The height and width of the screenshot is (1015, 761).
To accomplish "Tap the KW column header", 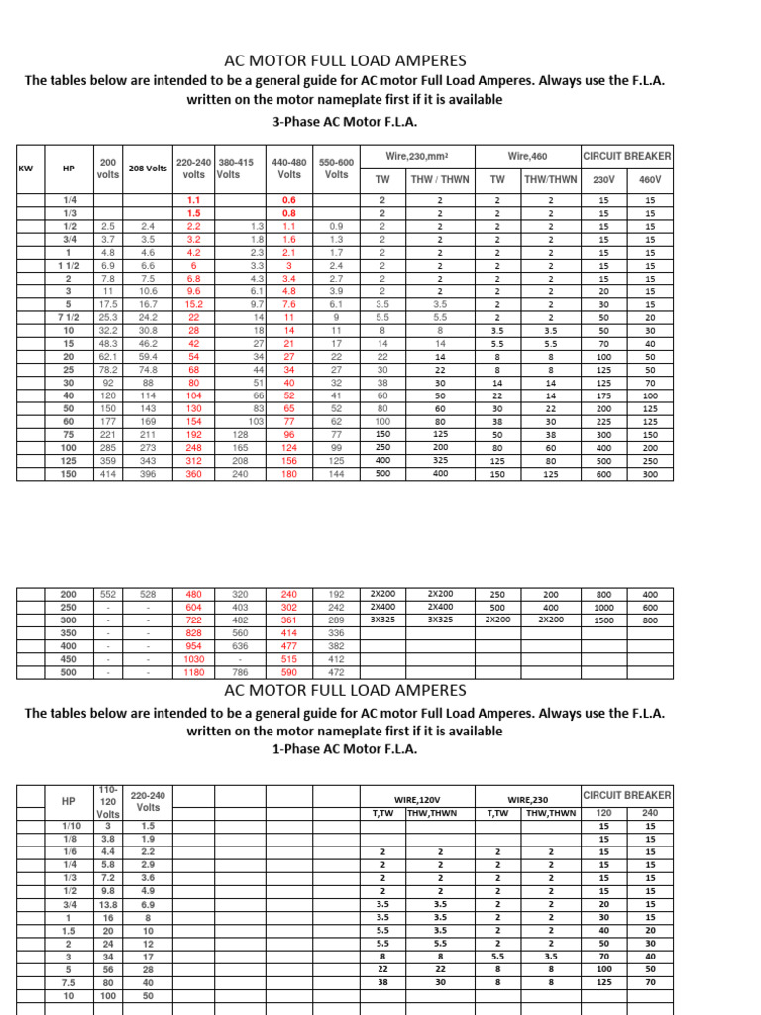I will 26,169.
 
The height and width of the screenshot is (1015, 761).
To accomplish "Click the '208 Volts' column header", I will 148,169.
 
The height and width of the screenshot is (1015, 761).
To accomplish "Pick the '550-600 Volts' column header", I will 336,168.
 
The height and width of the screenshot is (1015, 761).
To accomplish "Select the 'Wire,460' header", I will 527,156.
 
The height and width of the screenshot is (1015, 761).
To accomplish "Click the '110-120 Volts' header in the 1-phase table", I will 108,801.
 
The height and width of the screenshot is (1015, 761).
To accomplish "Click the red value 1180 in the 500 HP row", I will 194,671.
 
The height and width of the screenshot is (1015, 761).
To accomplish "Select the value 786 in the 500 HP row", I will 241,671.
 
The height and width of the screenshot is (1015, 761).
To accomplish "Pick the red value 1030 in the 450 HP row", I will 194,658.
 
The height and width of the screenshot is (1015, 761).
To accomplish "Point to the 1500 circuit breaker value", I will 603,620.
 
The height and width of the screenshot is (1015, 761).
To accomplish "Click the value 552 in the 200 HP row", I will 108,594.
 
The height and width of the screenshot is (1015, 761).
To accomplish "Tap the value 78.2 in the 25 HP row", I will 108,368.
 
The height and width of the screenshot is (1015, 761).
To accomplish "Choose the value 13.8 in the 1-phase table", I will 108,905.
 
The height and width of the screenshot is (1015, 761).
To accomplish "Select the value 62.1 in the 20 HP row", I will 108,355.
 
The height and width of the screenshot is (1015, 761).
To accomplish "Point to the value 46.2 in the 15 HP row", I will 148,342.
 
